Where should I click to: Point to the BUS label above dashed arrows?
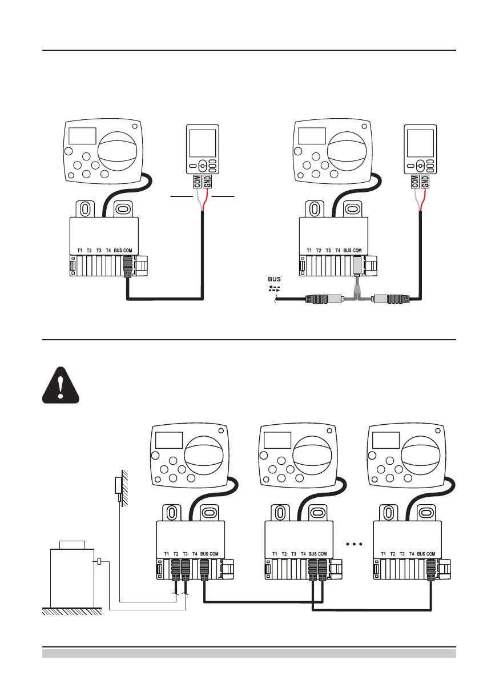(275, 280)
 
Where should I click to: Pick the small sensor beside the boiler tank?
(100, 562)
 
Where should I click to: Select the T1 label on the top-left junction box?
(80, 251)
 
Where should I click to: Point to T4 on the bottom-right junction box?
(412, 554)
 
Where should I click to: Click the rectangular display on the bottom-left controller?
(170, 440)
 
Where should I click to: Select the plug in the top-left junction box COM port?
(128, 265)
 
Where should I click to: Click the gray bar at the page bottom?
(249, 653)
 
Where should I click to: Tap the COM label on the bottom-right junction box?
(430, 554)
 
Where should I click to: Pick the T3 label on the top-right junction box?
(328, 251)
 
